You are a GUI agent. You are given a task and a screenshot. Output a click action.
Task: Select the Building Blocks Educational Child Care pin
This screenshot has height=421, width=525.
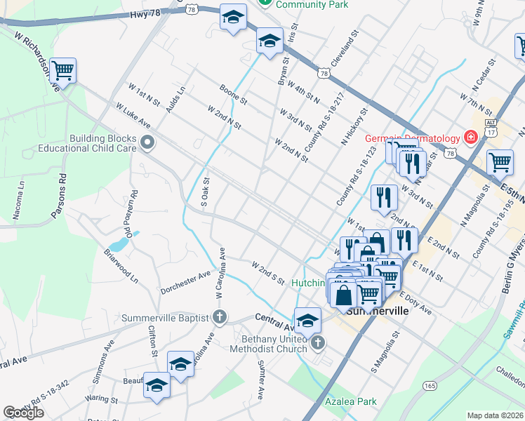(147, 143)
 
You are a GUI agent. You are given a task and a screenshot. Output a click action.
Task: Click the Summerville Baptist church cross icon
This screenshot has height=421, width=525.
(220, 317)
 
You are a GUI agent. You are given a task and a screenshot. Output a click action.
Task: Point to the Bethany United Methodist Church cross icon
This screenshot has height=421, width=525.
(318, 342)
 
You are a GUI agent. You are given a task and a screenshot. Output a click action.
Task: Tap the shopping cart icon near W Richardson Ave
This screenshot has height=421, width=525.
(62, 69)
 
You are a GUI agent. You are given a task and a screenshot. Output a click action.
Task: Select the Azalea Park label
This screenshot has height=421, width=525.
(351, 402)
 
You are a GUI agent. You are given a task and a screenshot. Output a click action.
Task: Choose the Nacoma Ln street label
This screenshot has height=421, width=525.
(21, 194)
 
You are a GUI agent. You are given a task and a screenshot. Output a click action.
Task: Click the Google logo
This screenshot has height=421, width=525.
(23, 413)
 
